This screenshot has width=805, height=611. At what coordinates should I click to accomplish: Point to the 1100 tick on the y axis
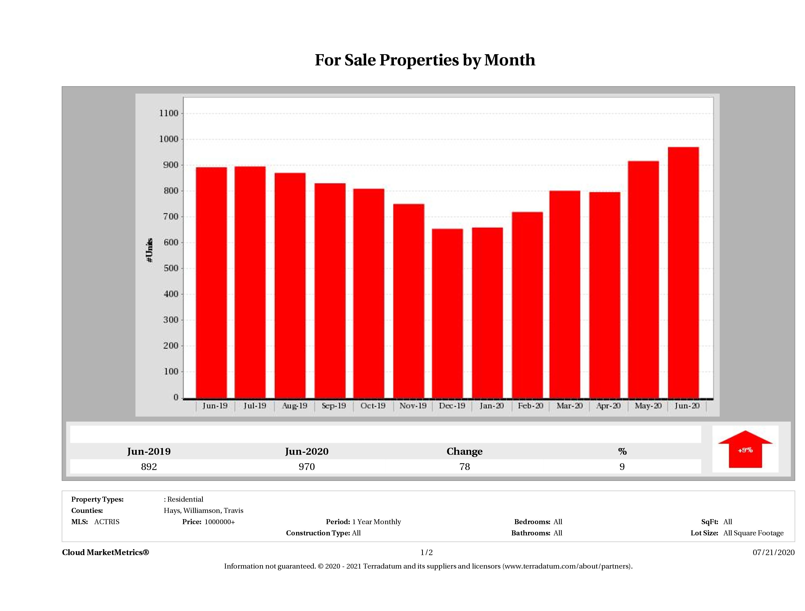click(x=169, y=114)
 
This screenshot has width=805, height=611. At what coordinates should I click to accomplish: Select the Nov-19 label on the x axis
click(x=413, y=406)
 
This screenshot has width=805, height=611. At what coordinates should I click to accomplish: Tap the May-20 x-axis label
click(x=648, y=406)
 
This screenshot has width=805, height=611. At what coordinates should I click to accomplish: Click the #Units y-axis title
click(x=150, y=250)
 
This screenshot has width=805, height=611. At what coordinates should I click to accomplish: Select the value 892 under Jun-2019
click(x=149, y=467)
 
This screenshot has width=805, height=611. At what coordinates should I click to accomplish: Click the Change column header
click(x=464, y=452)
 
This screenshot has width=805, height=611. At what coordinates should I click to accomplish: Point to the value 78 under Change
click(x=464, y=467)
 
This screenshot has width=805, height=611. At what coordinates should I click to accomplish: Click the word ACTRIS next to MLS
click(x=107, y=522)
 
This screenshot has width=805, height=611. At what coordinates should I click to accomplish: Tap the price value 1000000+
click(x=220, y=522)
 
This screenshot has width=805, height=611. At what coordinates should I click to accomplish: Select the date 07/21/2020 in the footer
click(x=773, y=552)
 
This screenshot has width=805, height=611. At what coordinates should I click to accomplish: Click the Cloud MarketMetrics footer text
click(x=106, y=552)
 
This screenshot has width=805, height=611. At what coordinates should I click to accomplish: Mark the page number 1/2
click(x=427, y=552)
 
